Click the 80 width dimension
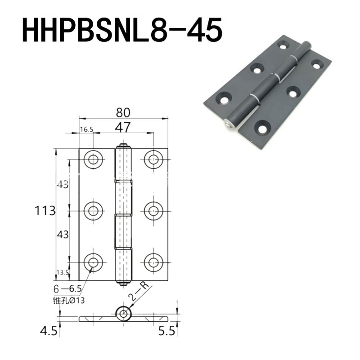pyautogui.click(x=123, y=113)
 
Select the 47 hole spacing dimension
pyautogui.click(x=123, y=127)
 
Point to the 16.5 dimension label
pyautogui.click(x=86, y=130)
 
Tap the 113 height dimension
pyautogui.click(x=45, y=211)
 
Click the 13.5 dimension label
pyautogui.click(x=63, y=273)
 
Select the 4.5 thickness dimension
pyautogui.click(x=49, y=331)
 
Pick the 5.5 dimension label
pyautogui.click(x=167, y=331)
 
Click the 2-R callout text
pyautogui.click(x=139, y=291)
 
